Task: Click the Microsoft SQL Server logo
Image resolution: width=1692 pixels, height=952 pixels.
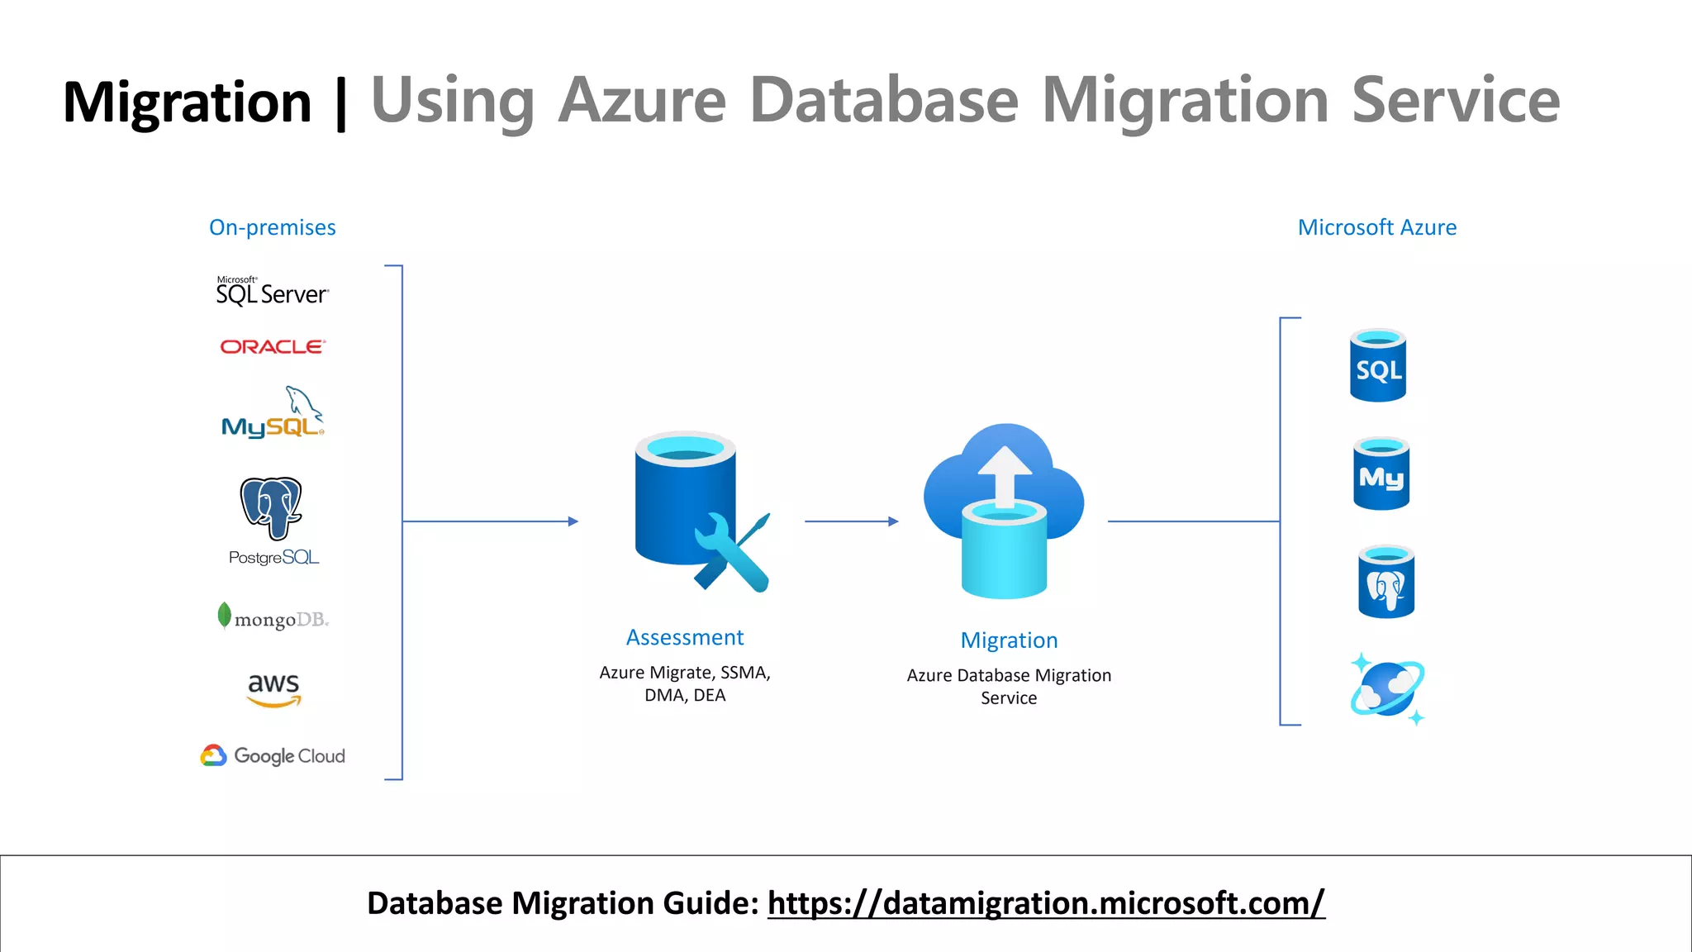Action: (x=272, y=292)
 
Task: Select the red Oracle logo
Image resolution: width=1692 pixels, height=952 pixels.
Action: (x=273, y=347)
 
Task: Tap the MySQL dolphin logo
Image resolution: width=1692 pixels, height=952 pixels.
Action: (x=273, y=413)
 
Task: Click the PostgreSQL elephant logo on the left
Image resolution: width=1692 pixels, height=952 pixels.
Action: (x=271, y=507)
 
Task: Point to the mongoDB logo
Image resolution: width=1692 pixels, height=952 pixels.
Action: (x=273, y=618)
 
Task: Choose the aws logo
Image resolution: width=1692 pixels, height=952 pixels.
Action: (x=273, y=688)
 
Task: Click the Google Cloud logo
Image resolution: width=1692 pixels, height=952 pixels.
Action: (x=273, y=755)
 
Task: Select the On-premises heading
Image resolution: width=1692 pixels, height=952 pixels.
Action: (x=272, y=227)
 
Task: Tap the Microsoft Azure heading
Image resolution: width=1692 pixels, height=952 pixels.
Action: (x=1376, y=227)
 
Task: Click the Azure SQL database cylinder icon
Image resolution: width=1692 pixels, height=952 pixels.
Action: (x=1377, y=365)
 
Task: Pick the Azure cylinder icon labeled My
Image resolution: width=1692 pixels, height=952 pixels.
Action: (x=1381, y=474)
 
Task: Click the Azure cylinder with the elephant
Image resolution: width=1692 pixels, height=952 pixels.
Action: (x=1385, y=582)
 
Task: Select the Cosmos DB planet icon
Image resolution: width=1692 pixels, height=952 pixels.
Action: (x=1387, y=688)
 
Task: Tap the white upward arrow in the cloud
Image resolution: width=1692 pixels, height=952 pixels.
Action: (x=1005, y=475)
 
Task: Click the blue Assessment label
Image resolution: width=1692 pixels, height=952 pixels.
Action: (x=685, y=637)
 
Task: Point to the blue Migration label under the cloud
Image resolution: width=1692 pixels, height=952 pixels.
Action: (x=1009, y=640)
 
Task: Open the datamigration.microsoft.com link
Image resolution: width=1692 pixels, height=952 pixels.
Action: (x=1046, y=903)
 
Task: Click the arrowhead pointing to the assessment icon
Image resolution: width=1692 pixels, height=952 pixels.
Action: (x=573, y=521)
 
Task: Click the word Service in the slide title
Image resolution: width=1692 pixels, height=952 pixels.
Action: (x=1455, y=101)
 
